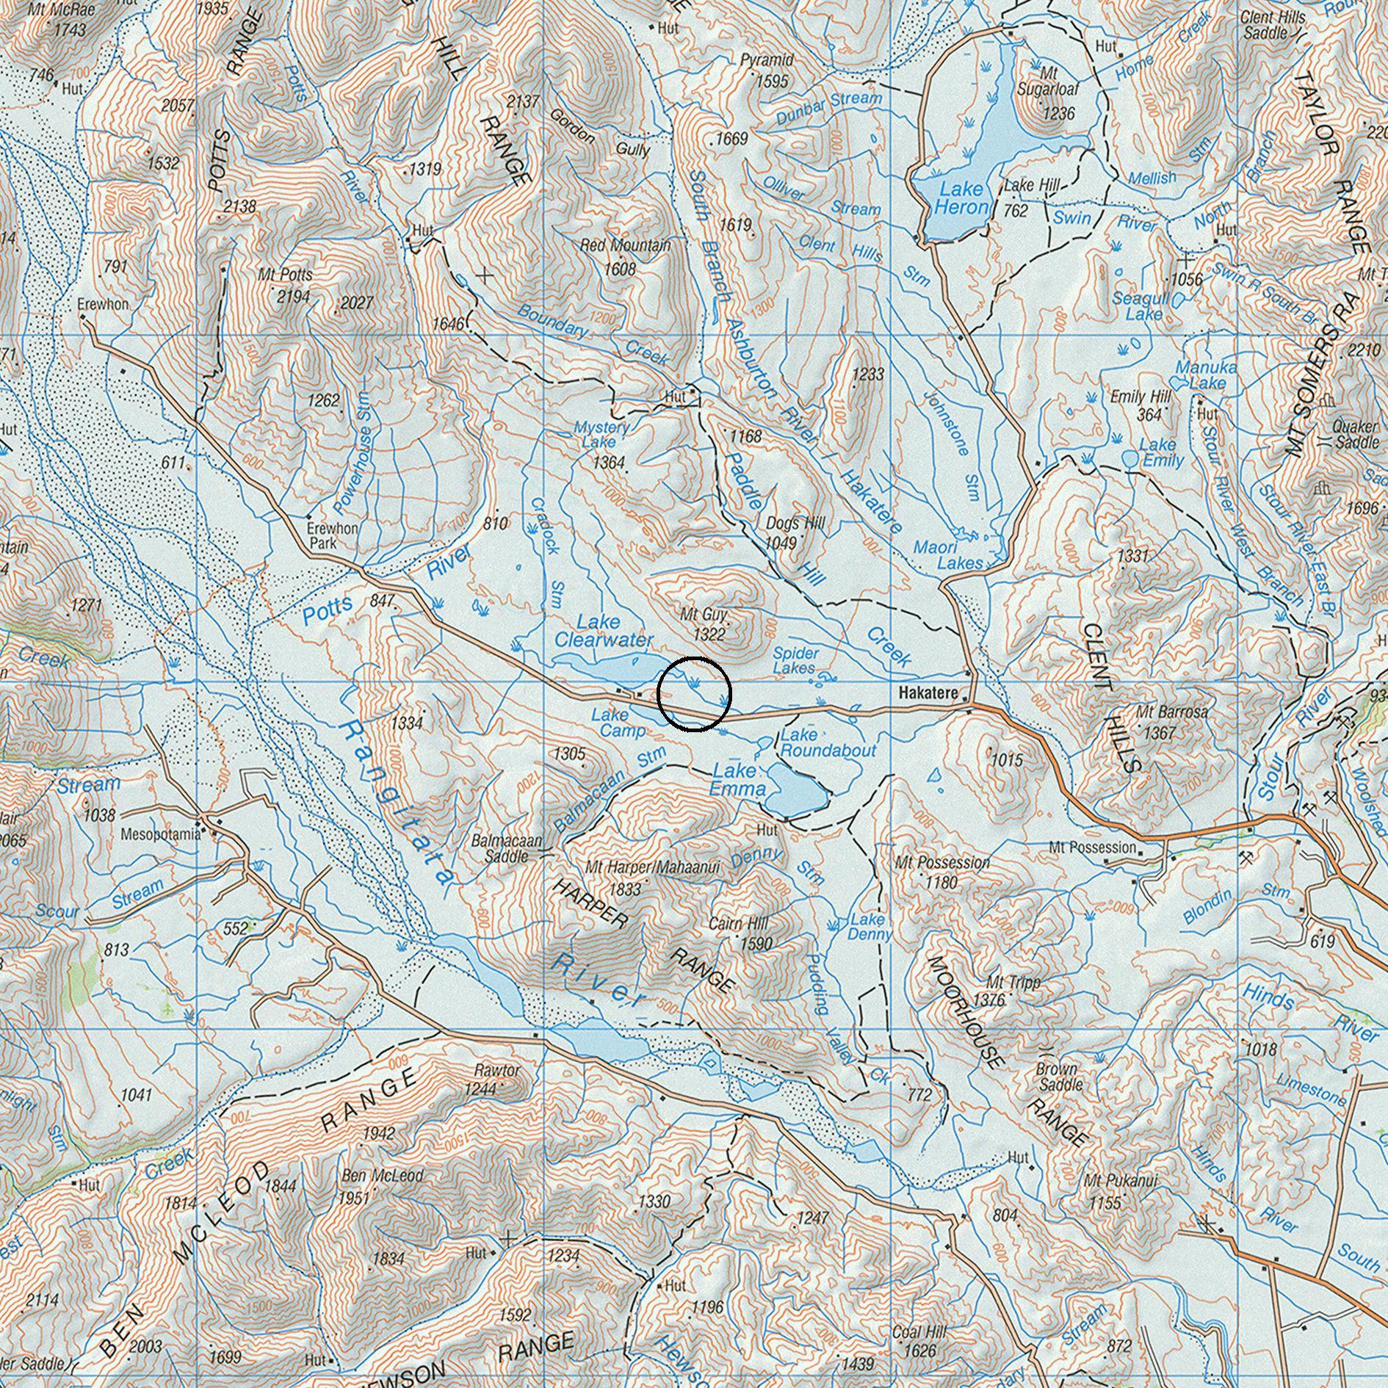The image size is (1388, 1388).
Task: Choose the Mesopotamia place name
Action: click(160, 834)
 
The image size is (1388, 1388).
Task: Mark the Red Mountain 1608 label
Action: click(625, 256)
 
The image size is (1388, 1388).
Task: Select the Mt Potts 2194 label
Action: click(286, 285)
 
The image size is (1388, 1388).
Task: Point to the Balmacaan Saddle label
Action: click(507, 848)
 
